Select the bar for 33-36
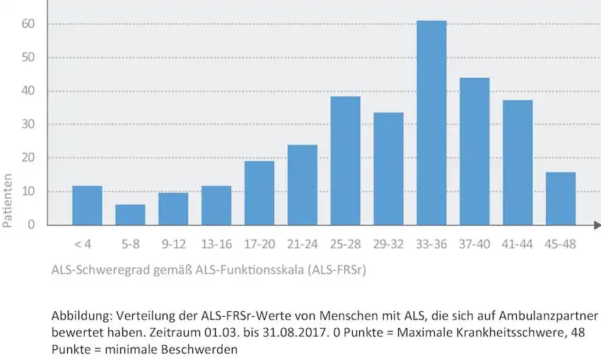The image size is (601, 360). pyautogui.click(x=431, y=123)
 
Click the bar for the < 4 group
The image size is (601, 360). pyautogui.click(x=87, y=205)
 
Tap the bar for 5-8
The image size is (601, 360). pyautogui.click(x=130, y=214)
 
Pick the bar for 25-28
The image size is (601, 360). pyautogui.click(x=345, y=161)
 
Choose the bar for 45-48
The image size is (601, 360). pyautogui.click(x=561, y=198)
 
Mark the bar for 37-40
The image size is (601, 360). pyautogui.click(x=474, y=151)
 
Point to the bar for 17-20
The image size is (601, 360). pyautogui.click(x=259, y=193)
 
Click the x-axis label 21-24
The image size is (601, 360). pyautogui.click(x=302, y=244)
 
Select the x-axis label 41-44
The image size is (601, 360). pyautogui.click(x=518, y=244)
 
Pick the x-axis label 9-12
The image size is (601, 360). pyautogui.click(x=173, y=244)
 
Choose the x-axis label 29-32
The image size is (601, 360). pyautogui.click(x=388, y=244)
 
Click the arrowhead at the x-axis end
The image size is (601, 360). pyautogui.click(x=597, y=225)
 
